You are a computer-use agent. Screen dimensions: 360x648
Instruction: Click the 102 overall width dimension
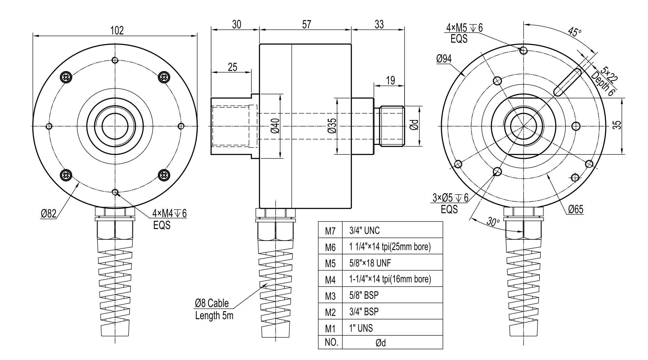pyautogui.click(x=117, y=30)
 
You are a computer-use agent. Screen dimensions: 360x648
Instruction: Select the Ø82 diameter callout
pyautogui.click(x=49, y=214)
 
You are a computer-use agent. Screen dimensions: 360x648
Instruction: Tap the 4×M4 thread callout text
pyautogui.click(x=169, y=213)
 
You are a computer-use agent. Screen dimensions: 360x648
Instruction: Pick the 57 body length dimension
pyautogui.click(x=306, y=24)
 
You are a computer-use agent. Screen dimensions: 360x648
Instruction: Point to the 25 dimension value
pyautogui.click(x=232, y=67)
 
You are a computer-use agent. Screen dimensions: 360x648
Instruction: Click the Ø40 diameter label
pyautogui.click(x=275, y=126)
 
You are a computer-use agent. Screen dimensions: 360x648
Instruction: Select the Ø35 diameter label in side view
pyautogui.click(x=332, y=126)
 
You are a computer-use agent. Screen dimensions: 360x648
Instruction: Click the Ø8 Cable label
pyautogui.click(x=212, y=303)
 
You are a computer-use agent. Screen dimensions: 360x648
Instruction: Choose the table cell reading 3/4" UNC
pyautogui.click(x=365, y=231)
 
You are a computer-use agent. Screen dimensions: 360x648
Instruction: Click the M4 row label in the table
pyautogui.click(x=330, y=280)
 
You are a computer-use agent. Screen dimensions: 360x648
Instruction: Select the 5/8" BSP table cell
pyautogui.click(x=364, y=295)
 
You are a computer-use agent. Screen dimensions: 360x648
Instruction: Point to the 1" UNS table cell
pyautogui.click(x=361, y=328)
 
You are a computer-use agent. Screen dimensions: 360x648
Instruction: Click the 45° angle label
pyautogui.click(x=575, y=32)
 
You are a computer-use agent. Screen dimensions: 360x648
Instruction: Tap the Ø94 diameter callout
pyautogui.click(x=444, y=58)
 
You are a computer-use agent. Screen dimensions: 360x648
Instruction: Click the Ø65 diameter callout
pyautogui.click(x=575, y=209)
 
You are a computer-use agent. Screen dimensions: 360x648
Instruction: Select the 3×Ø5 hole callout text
pyautogui.click(x=450, y=198)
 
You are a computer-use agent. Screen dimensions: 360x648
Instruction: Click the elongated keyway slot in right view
pyautogui.click(x=568, y=83)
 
